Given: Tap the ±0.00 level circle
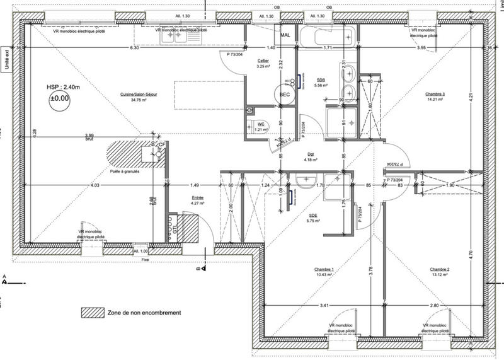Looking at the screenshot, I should (61, 100).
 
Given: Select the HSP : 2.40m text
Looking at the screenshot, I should (61, 87).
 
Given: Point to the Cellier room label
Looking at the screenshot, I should (263, 62).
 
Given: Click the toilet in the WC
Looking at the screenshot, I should (253, 125).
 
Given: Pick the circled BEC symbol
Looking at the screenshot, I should (285, 94).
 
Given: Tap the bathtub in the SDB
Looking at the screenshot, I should (326, 35).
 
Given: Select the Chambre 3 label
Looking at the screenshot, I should (434, 95).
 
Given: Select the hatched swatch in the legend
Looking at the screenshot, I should (91, 313).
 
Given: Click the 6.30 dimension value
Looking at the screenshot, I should (134, 48).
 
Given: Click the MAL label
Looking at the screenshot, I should (285, 36).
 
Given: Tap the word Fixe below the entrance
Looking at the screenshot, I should (144, 259).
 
